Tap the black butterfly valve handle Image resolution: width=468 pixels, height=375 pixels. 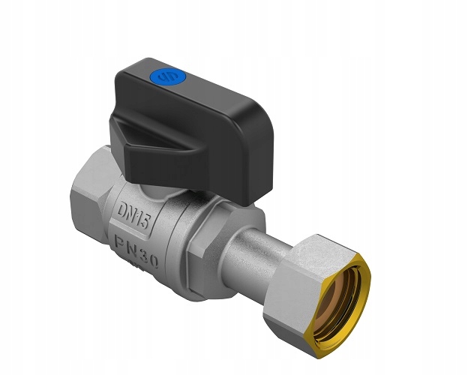[191, 128]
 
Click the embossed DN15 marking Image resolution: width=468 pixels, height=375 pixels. [133, 214]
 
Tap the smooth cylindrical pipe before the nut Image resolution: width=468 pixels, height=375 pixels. [256, 253]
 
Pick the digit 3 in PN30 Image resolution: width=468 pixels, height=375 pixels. [142, 254]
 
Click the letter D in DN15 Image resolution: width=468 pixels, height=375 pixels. [122, 209]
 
